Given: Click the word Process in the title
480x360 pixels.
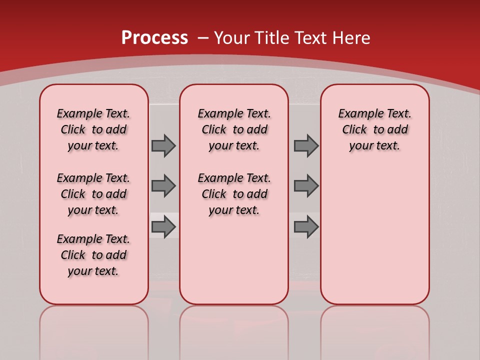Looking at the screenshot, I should (x=154, y=38).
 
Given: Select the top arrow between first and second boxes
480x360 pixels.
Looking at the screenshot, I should (x=163, y=145).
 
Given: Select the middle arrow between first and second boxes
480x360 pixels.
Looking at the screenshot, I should (x=163, y=186).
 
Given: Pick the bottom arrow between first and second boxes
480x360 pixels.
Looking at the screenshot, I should (x=163, y=227).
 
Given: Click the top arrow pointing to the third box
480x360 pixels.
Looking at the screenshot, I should (x=306, y=145).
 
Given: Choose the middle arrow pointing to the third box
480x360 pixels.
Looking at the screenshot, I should (x=306, y=186).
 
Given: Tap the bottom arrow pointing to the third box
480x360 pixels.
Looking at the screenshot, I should (x=306, y=227).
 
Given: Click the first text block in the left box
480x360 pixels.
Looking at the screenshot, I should (x=93, y=129).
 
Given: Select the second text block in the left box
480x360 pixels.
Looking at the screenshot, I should (x=93, y=194).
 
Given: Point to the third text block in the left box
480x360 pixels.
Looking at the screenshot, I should (x=93, y=255).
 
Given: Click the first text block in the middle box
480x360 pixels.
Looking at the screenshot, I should (x=234, y=129).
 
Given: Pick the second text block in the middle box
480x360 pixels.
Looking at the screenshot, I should (x=234, y=194).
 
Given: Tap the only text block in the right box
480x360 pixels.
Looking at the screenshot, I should (x=374, y=129).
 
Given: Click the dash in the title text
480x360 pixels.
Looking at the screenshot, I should (x=203, y=38).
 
